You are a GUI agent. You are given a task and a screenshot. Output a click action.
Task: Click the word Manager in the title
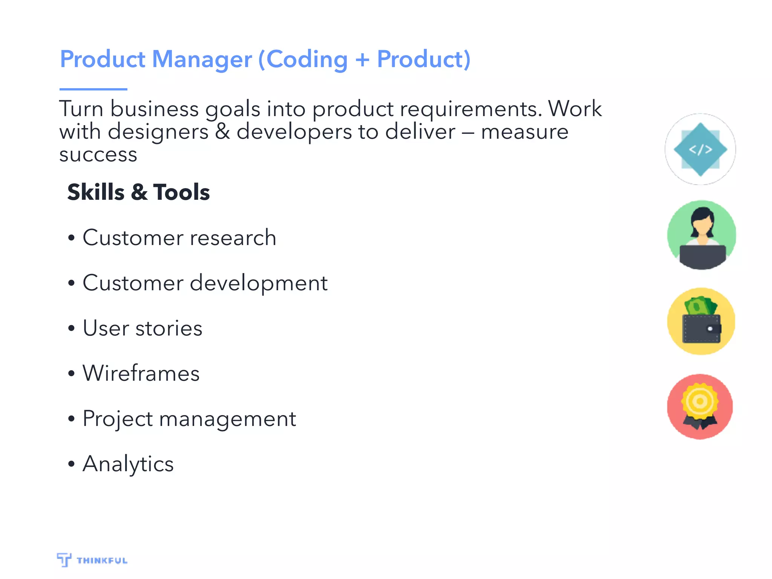(x=202, y=60)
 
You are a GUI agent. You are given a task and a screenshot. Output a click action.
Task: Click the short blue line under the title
(x=93, y=89)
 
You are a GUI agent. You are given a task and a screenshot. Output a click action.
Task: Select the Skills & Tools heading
(x=138, y=192)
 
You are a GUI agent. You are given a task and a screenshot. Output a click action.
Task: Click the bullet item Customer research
(x=179, y=238)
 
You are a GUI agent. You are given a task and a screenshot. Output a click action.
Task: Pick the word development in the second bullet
(x=259, y=283)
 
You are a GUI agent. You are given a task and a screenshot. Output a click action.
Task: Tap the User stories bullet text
(x=142, y=328)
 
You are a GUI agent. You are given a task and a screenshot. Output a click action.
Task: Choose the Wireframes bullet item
(x=141, y=374)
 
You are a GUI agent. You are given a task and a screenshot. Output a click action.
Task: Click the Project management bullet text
(x=189, y=419)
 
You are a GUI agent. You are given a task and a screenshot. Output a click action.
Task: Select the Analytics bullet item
(x=128, y=464)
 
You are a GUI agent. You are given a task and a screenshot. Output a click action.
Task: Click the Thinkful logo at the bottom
(x=92, y=560)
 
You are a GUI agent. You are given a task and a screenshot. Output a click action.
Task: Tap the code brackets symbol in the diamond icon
(x=700, y=150)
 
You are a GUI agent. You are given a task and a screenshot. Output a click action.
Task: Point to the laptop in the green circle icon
(x=702, y=256)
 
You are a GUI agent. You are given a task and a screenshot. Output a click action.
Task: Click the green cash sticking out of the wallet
(x=700, y=306)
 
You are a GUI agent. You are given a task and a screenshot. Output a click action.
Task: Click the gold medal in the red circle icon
(x=700, y=402)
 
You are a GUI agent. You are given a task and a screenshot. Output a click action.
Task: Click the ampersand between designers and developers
(x=222, y=132)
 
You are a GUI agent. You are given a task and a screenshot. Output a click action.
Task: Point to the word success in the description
(x=98, y=155)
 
